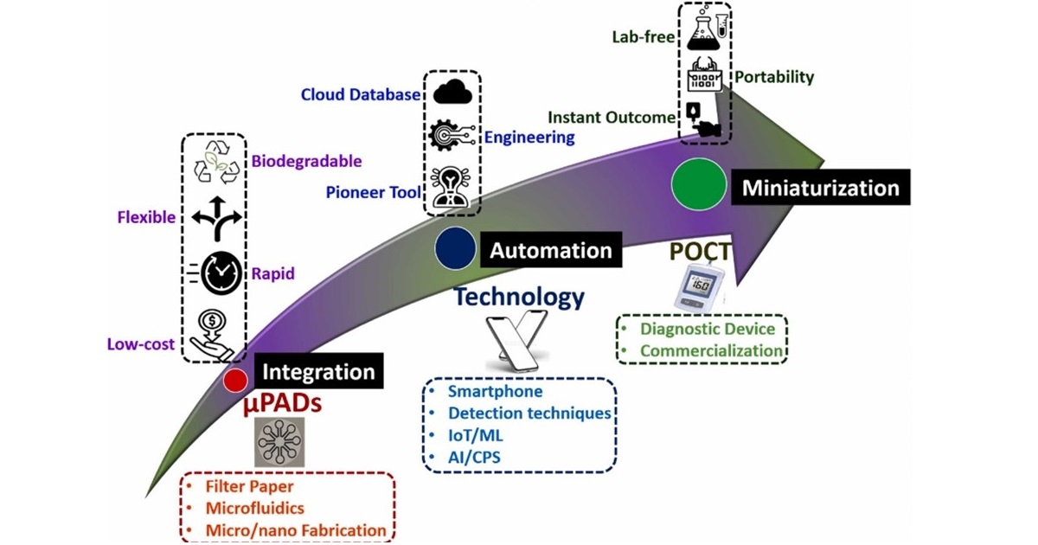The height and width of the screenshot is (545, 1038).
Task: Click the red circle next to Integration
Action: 234,380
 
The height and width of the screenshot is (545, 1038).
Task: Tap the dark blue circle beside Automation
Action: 455,248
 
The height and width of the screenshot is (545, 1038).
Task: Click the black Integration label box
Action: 318,373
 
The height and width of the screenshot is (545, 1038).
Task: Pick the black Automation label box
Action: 551,251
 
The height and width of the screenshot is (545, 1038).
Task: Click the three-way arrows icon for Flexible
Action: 213,218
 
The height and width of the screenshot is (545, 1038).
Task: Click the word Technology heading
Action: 519,297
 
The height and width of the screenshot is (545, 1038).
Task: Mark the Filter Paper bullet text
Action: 249,487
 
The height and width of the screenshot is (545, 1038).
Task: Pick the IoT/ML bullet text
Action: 478,435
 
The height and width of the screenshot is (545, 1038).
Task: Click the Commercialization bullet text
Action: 711,350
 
